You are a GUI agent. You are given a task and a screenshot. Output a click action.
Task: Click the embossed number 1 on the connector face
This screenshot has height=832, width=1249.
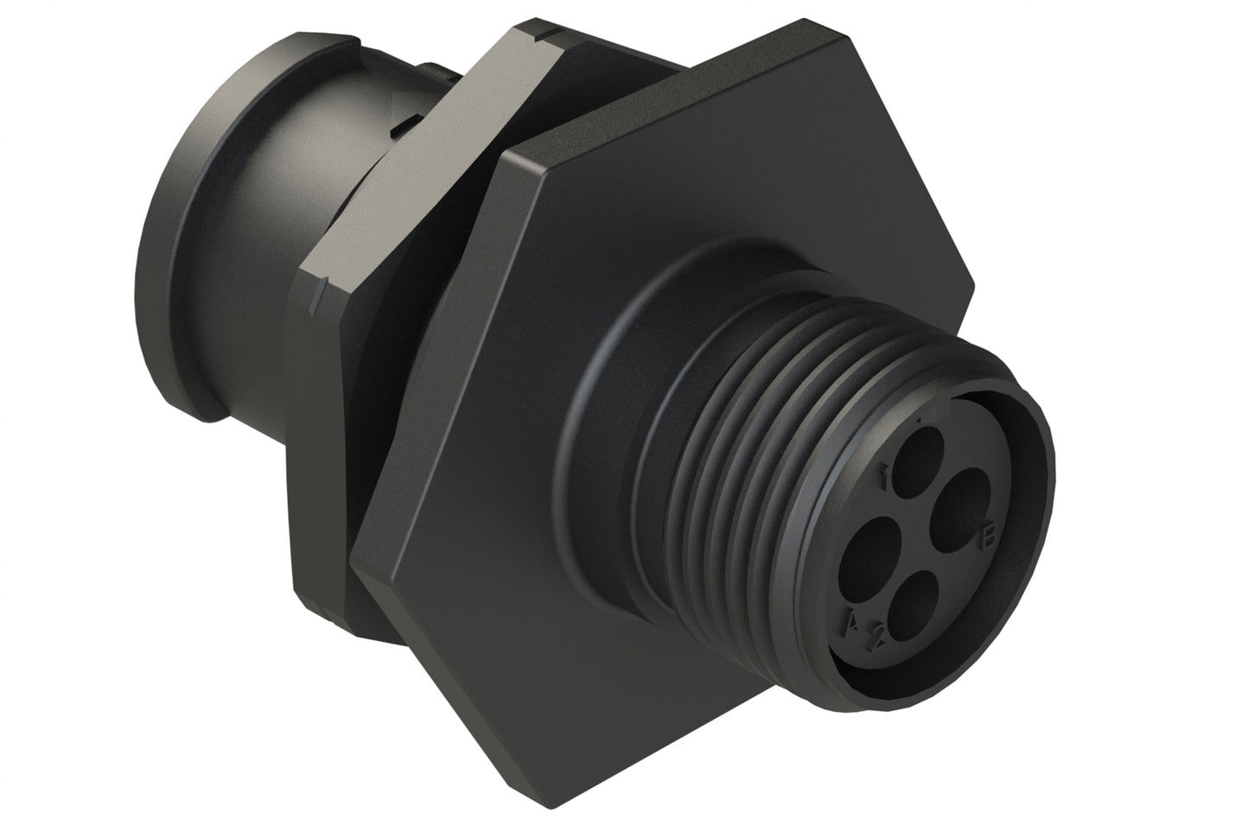pyautogui.click(x=884, y=474)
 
